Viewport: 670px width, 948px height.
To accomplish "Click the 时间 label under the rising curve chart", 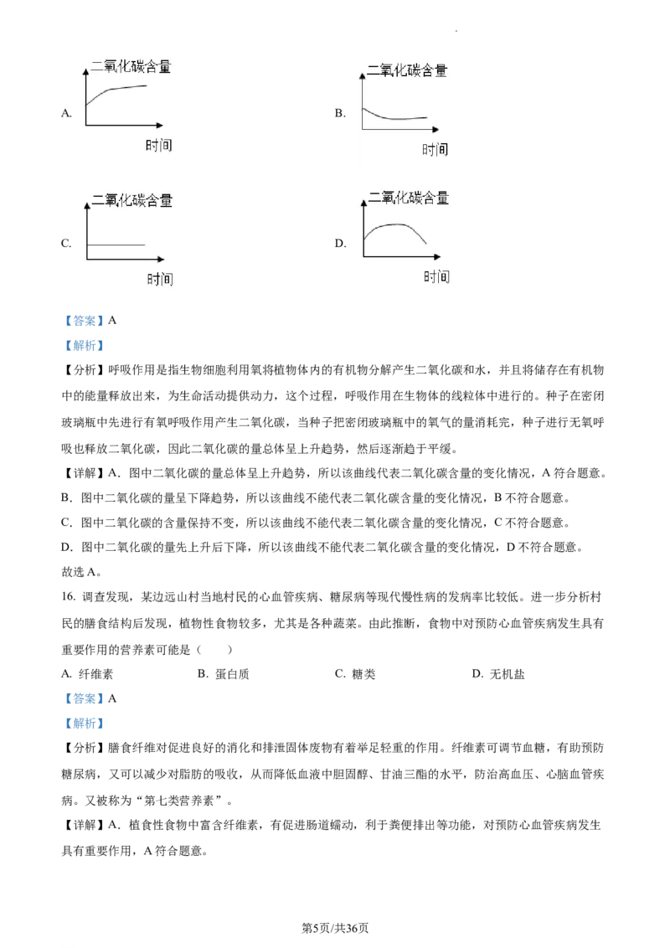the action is tap(158, 145).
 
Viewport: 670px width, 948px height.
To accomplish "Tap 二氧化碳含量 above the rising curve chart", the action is tap(131, 66).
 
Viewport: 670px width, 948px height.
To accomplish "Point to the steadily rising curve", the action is tap(117, 90).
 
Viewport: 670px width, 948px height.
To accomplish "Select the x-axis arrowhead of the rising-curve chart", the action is tap(165, 126).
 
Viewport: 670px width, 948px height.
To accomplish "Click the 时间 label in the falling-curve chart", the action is tap(435, 149).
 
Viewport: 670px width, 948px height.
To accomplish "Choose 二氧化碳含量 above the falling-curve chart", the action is tap(407, 70).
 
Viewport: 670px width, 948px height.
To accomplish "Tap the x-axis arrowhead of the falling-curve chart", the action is tap(435, 130).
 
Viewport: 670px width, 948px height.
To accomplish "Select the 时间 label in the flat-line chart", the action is tap(160, 279).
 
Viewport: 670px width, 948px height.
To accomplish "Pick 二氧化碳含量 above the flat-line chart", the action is tap(132, 200).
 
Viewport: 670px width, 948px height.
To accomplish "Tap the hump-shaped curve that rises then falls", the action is tap(394, 225).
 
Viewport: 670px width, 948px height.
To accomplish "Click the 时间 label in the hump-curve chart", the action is tap(436, 276).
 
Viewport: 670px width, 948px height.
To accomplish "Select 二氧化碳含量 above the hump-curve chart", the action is tap(409, 198).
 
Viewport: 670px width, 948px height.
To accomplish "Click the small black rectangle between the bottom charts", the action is tap(338, 241).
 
